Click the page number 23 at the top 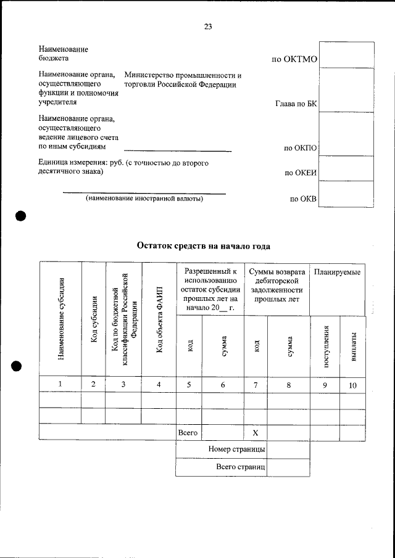click(208, 26)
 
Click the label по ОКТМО click(294, 60)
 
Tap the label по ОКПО click(300, 148)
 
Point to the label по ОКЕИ click(300, 173)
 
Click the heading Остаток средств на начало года click(203, 246)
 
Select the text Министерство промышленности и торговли click(182, 80)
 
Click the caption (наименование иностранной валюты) click(144, 199)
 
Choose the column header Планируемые click(337, 272)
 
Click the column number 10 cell click(352, 385)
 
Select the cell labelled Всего click(188, 433)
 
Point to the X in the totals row click(256, 433)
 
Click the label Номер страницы click(237, 450)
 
